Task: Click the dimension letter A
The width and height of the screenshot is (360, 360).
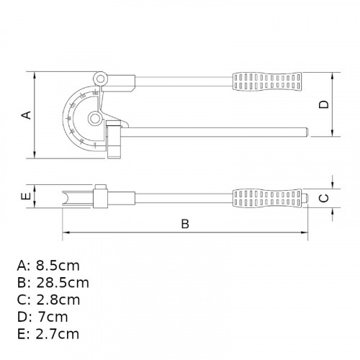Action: [x=26, y=114]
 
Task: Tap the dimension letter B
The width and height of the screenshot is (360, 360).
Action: [x=184, y=224]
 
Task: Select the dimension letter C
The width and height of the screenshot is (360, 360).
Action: [x=324, y=197]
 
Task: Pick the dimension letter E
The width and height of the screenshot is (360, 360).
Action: [x=25, y=197]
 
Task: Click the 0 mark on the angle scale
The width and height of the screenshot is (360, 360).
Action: [x=95, y=143]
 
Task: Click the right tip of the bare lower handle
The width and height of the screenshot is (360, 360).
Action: [x=307, y=132]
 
